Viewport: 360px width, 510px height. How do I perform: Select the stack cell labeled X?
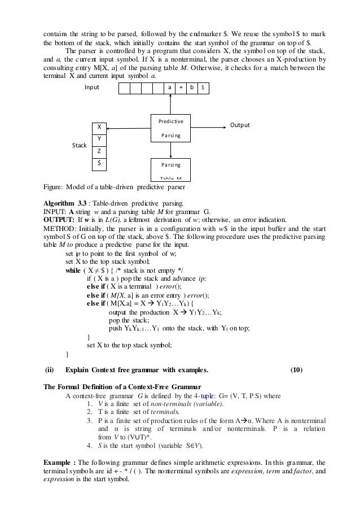tap(99, 127)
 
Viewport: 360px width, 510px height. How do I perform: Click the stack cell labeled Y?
tap(99, 139)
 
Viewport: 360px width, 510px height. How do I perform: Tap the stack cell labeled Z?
tap(99, 151)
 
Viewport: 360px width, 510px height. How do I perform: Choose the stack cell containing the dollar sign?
tap(99, 163)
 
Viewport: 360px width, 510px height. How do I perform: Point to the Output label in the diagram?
tap(239, 125)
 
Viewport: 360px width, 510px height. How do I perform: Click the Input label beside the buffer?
tap(92, 88)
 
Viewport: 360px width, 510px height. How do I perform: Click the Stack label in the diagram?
tap(79, 145)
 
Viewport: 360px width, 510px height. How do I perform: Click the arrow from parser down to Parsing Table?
tap(170, 150)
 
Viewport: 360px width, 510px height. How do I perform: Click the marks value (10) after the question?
tap(296, 370)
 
